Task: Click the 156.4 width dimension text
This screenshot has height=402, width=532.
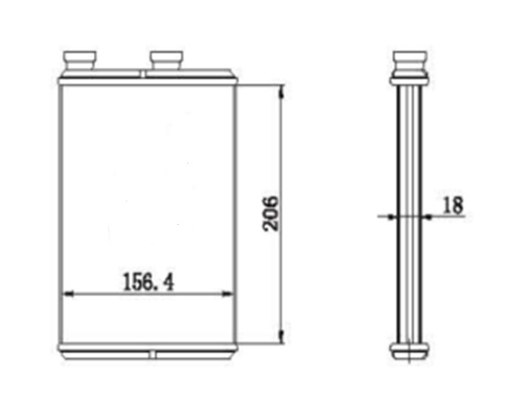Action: point(148,282)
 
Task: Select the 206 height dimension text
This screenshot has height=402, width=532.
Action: point(271,214)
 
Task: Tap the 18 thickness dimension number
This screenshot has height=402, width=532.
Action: point(453,205)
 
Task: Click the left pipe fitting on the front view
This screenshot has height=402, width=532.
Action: point(79,60)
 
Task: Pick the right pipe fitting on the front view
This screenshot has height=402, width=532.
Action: point(166,60)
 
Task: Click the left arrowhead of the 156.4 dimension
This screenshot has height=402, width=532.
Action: point(69,294)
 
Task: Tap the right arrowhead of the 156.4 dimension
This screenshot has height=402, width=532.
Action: point(227,294)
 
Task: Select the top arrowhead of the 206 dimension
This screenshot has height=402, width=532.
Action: point(281,92)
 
